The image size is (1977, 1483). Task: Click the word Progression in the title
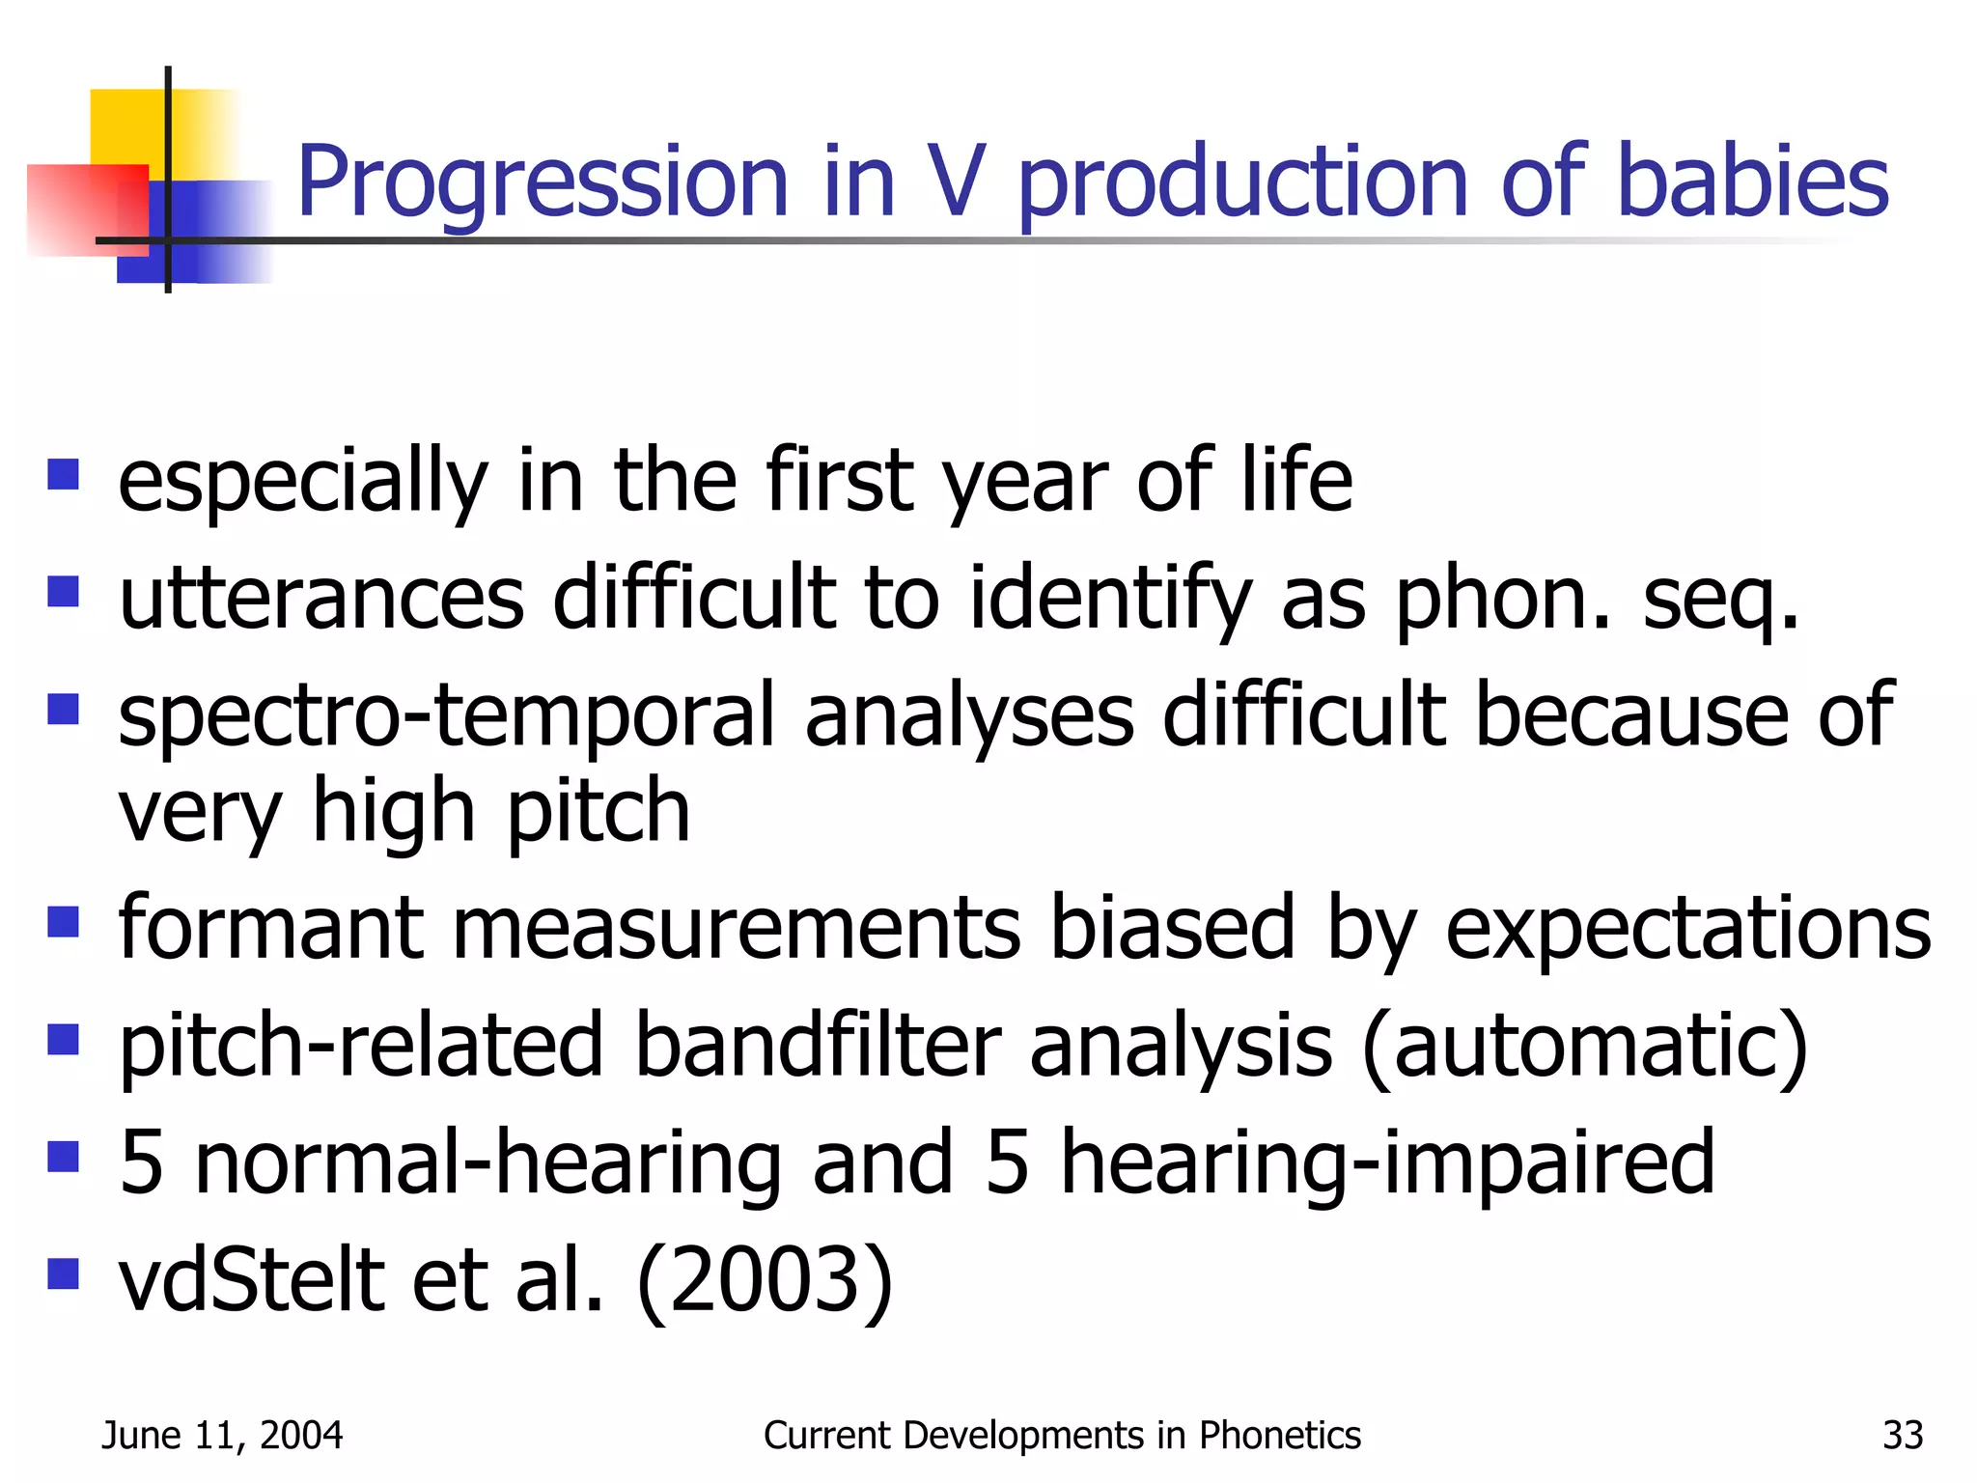(543, 183)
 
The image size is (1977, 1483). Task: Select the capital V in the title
(959, 182)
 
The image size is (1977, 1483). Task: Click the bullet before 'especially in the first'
(63, 475)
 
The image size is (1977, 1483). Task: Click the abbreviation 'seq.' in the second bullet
(1720, 601)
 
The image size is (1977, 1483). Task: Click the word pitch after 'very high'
(599, 813)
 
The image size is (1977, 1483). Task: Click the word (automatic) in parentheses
(1584, 1048)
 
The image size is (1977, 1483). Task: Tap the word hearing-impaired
(1387, 1164)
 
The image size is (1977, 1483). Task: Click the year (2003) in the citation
(765, 1281)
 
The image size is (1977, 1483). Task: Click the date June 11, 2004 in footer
(222, 1436)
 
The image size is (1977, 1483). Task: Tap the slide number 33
(1903, 1436)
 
